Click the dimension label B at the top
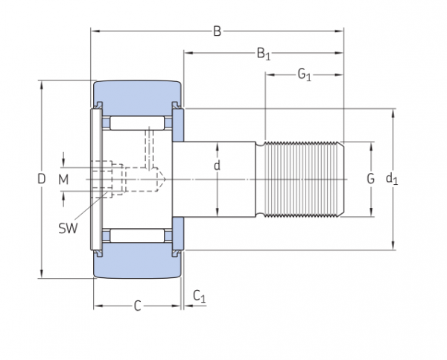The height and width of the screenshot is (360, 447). (217, 31)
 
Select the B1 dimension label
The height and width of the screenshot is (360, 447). (263, 53)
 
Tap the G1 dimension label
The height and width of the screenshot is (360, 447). (304, 74)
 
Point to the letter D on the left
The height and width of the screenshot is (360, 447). (41, 179)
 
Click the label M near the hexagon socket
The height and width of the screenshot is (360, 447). (63, 179)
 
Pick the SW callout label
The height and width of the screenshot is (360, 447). (68, 228)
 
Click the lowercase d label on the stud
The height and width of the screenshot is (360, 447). (217, 165)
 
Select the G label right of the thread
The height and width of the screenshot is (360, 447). (370, 179)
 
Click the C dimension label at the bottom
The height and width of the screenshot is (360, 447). (137, 306)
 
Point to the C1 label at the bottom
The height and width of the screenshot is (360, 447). (199, 297)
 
